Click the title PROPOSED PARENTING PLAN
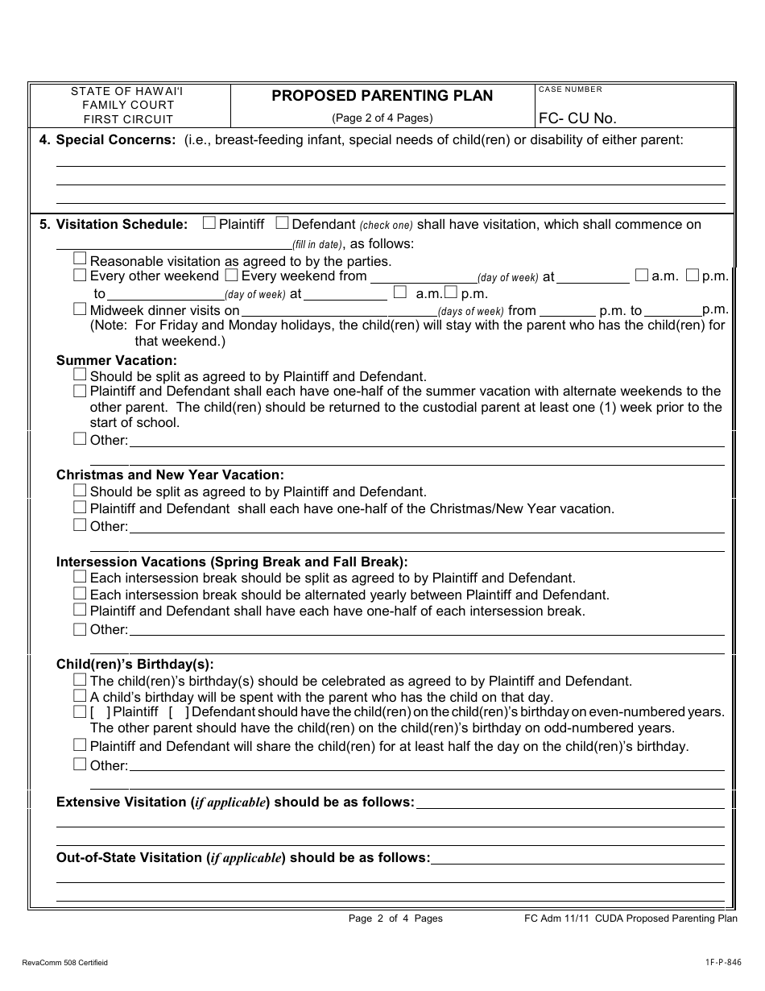coord(382,96)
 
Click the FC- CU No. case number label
coord(577,118)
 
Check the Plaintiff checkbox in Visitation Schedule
coord(209,223)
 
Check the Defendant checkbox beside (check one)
coord(283,223)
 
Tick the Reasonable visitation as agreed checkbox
coord(80,259)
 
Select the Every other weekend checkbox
coord(80,276)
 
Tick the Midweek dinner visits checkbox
coord(80,309)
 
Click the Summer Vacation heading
coord(116,361)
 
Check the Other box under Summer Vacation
coord(80,439)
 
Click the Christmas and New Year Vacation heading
coord(170,475)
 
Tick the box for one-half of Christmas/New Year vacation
coord(80,508)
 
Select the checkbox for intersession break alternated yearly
coord(80,594)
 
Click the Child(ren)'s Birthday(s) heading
coord(134,665)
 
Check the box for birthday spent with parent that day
coord(80,696)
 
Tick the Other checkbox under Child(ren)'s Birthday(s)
coord(80,764)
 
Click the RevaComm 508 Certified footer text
coord(65,963)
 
